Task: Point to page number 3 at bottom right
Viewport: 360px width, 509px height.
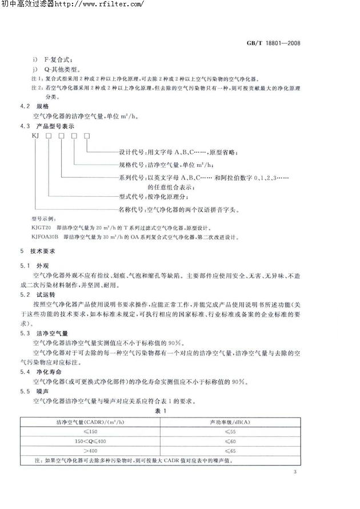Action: (295, 472)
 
